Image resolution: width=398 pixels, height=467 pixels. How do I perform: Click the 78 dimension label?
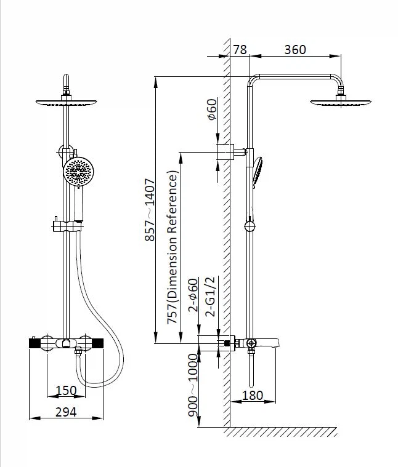coord(240,50)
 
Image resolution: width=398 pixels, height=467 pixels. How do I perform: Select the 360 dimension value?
coord(295,50)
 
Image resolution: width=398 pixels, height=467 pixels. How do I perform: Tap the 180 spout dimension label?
coord(253,396)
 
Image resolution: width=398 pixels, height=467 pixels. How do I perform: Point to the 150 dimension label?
coord(66,391)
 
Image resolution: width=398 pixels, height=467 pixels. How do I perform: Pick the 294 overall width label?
coord(66,412)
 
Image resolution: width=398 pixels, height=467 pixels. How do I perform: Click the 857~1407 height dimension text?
coord(150,210)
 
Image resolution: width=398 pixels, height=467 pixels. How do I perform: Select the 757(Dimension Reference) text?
coord(173,247)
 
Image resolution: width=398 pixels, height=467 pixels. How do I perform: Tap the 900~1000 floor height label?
coord(193,385)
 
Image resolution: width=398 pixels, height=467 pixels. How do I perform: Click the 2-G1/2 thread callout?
coord(210,297)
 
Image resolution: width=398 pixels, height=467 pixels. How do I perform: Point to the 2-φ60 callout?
coord(193,295)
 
